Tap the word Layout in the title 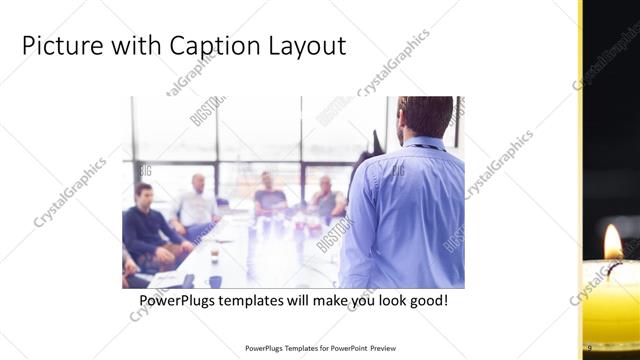click(308, 46)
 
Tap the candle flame click(612, 241)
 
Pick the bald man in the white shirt click(196, 204)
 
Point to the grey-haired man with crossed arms click(326, 200)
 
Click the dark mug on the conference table click(214, 281)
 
